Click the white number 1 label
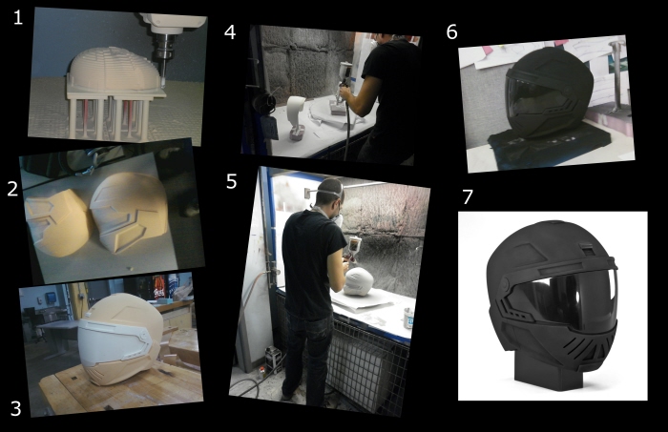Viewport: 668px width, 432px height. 17,17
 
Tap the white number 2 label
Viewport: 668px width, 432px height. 12,189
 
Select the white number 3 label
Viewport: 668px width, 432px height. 15,408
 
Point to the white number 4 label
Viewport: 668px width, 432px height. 230,31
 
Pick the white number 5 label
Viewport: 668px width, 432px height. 231,181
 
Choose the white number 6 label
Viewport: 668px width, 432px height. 452,31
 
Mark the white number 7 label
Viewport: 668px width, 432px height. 468,197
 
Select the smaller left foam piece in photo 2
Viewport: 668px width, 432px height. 57,222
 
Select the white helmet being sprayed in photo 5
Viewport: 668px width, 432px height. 359,281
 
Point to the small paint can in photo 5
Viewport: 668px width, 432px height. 408,319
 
